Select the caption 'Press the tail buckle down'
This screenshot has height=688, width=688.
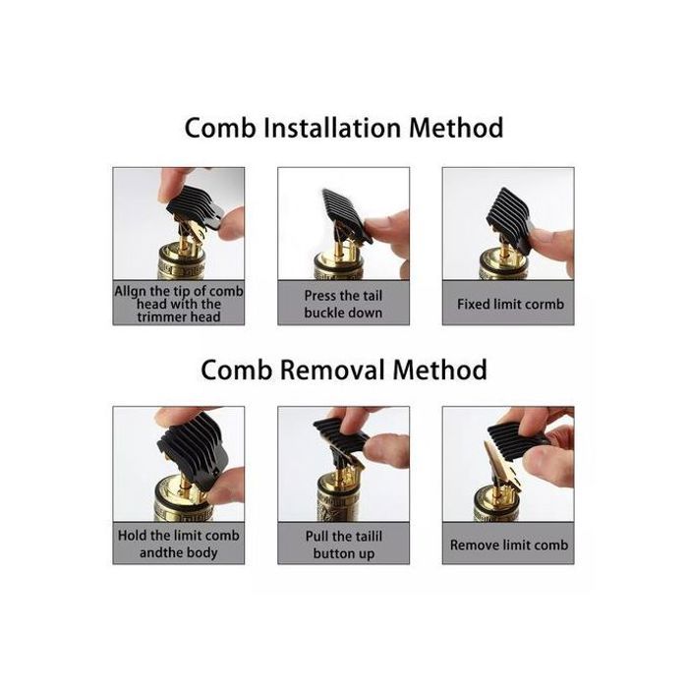(344, 304)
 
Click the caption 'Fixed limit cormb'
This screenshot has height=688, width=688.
(510, 304)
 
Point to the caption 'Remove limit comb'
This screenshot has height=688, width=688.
(509, 545)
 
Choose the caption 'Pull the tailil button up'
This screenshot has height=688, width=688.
(344, 545)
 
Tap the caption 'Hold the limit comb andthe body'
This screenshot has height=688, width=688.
(179, 545)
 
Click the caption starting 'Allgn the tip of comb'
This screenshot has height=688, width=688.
(179, 304)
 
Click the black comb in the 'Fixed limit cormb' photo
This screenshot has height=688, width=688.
(511, 215)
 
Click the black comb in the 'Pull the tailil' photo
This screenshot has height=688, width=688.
(343, 436)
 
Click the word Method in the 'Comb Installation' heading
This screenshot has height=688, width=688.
(456, 128)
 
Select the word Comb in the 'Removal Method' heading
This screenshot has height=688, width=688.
(236, 370)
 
